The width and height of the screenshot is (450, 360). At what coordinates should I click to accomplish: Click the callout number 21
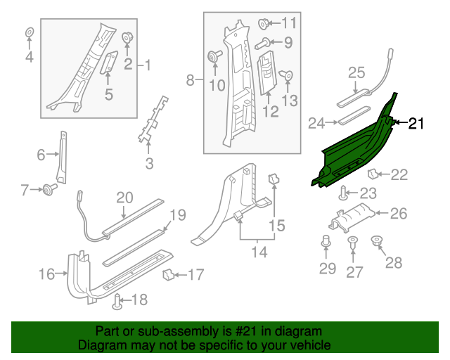click(x=416, y=124)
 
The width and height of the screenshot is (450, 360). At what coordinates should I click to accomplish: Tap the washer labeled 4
click(x=30, y=33)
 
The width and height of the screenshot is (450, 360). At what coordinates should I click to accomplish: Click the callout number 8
click(x=190, y=81)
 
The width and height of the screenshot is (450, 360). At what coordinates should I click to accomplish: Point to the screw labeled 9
click(x=261, y=44)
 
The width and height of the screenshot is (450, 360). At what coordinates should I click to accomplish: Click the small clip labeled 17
click(x=169, y=273)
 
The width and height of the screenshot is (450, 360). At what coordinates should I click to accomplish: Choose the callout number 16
click(x=46, y=274)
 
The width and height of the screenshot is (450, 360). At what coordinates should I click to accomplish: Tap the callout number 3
click(x=149, y=165)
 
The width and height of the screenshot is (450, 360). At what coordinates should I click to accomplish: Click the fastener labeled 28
click(x=376, y=243)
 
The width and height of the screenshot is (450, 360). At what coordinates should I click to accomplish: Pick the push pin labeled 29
click(x=326, y=243)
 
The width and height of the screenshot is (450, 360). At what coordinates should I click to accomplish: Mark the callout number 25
click(x=356, y=72)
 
